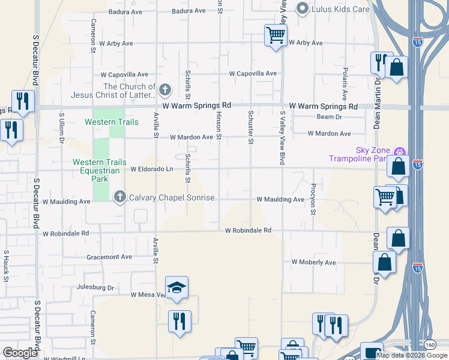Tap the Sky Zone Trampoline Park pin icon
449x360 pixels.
[x=401, y=151]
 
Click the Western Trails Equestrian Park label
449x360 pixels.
[x=100, y=170]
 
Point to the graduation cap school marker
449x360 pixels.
[x=176, y=288]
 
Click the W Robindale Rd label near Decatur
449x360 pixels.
[x=66, y=233]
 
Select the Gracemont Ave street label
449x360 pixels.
[x=109, y=257]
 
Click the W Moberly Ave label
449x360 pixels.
[x=313, y=262]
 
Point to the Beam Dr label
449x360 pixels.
[x=329, y=117]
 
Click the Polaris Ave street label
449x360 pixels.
[x=345, y=88]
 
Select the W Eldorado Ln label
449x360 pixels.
[x=152, y=169]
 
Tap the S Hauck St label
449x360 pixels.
[x=6, y=266]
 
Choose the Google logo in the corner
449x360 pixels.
[x=20, y=352]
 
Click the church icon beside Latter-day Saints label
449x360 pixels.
[x=165, y=91]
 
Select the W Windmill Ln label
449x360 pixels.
[x=66, y=358]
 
